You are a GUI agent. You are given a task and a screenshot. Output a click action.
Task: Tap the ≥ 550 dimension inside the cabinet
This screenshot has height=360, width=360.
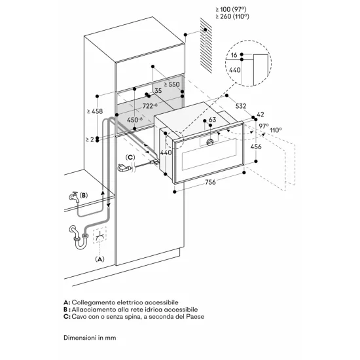pos(171,85)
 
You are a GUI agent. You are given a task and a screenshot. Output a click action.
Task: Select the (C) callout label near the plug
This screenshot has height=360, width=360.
pos(131,158)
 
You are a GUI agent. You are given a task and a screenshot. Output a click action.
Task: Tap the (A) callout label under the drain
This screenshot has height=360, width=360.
pos(100,259)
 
